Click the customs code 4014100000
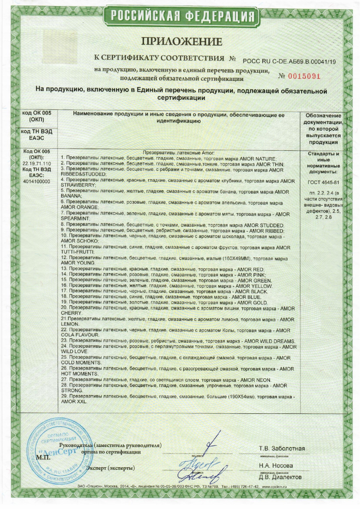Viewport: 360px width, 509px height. point(37,181)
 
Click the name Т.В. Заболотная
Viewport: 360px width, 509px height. point(282,448)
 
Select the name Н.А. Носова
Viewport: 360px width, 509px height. point(275,466)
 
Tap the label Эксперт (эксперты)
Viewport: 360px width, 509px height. point(111,467)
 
